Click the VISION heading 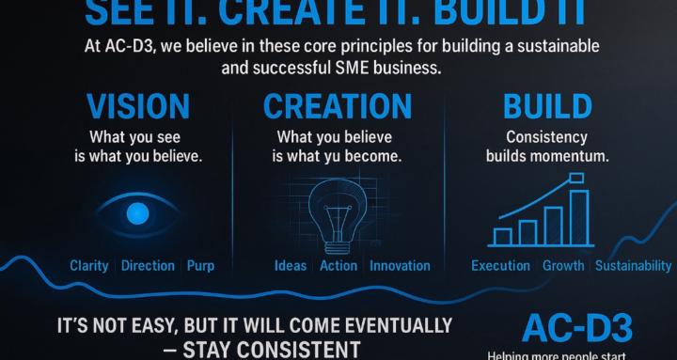coord(139,106)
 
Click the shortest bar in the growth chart coord(504,234)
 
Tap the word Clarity coord(89,266)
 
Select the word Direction coord(148,266)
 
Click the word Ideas coord(291,266)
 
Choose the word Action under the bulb coord(338,266)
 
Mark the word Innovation coord(400,266)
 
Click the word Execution coord(501,266)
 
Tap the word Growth coord(563,266)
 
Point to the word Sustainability coord(633,266)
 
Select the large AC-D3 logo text coord(577,328)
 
